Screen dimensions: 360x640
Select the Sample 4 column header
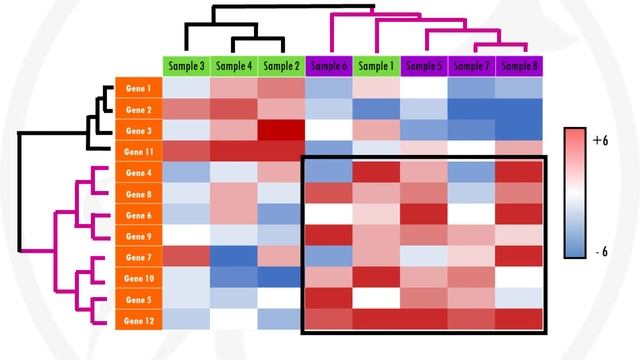234,66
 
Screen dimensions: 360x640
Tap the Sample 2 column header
282,66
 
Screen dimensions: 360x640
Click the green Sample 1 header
377,66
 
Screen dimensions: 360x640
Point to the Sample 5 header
425,66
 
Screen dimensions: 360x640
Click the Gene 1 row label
139,88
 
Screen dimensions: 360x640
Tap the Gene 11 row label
139,151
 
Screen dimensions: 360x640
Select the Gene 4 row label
139,172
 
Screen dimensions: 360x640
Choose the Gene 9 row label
139,236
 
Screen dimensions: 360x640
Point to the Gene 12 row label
139,321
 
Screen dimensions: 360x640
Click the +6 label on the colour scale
600,142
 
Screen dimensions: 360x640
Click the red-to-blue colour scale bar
575,192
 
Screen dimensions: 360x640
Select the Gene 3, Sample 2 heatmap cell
282,130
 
